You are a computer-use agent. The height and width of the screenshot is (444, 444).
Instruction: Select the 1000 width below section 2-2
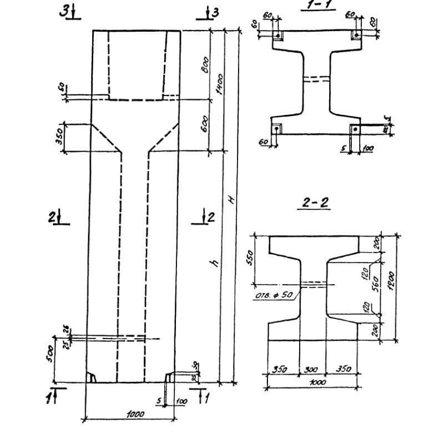click(317, 382)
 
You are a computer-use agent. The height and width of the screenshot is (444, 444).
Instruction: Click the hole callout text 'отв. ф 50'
click(274, 295)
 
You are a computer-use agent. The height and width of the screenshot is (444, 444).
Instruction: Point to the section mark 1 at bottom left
click(51, 396)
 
